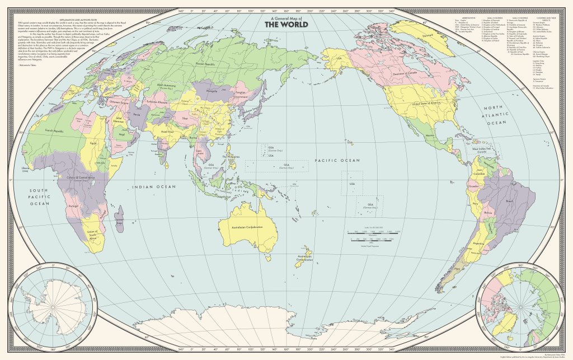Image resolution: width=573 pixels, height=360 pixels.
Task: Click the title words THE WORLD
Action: click(x=285, y=25)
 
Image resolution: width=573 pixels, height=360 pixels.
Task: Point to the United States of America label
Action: click(x=426, y=104)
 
